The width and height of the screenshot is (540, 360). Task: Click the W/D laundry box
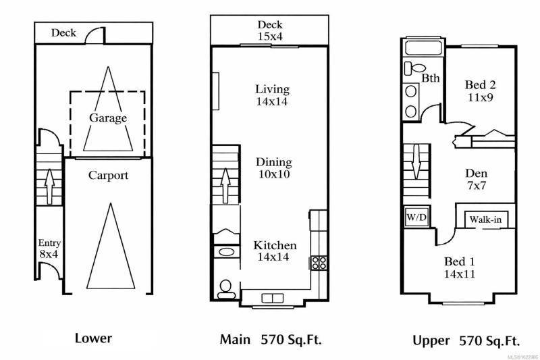pyautogui.click(x=416, y=217)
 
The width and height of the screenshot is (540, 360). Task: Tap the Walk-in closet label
pyautogui.click(x=485, y=220)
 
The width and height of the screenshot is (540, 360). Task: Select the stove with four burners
pyautogui.click(x=319, y=263)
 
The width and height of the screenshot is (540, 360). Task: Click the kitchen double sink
pyautogui.click(x=273, y=298)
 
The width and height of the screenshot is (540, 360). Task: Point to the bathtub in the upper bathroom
pyautogui.click(x=423, y=47)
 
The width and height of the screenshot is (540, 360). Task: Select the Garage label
pyautogui.click(x=108, y=118)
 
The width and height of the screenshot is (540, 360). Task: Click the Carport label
pyautogui.click(x=108, y=176)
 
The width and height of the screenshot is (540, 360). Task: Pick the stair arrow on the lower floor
pyautogui.click(x=50, y=186)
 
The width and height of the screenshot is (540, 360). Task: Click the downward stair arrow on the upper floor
pyautogui.click(x=416, y=161)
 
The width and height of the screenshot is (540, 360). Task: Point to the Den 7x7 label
pyautogui.click(x=477, y=179)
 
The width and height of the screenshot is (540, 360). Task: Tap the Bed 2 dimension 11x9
pyautogui.click(x=480, y=97)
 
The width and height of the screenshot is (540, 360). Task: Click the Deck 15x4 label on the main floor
pyautogui.click(x=270, y=30)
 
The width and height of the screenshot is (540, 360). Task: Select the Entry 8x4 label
pyautogui.click(x=49, y=249)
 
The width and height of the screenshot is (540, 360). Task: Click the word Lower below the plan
pyautogui.click(x=93, y=338)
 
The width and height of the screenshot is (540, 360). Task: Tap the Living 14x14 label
pyautogui.click(x=272, y=95)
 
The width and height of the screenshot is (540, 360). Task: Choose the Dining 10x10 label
pyautogui.click(x=274, y=168)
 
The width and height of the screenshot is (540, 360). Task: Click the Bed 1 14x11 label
pyautogui.click(x=460, y=267)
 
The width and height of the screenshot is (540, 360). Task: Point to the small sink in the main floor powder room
pyautogui.click(x=226, y=251)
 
